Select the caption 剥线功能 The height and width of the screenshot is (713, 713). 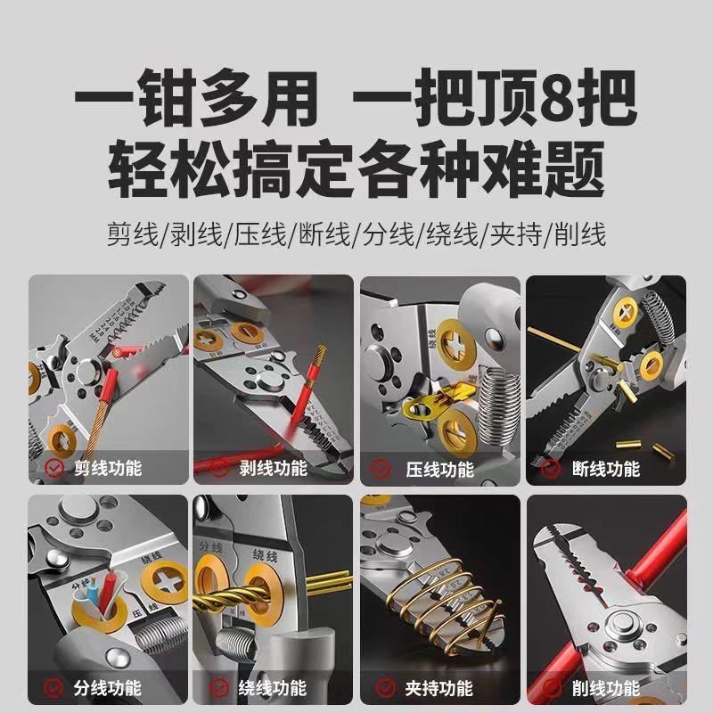click(275, 468)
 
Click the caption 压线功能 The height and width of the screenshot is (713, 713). click(441, 468)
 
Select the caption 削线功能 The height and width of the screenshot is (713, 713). click(607, 688)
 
